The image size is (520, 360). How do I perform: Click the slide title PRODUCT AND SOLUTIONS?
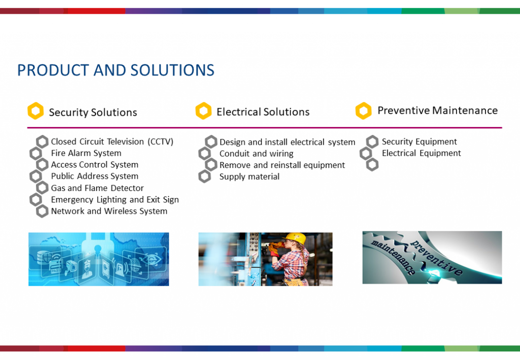pos(116,70)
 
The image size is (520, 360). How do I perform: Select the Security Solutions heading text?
pos(93,112)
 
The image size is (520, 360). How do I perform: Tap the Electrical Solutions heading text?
pos(263,112)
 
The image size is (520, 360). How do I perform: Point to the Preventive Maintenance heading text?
pos(437,110)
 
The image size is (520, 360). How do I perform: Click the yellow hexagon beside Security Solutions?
pos(35,111)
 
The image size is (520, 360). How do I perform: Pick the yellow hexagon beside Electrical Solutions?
pos(203,111)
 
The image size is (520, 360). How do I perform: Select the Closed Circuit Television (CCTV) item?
pos(112,142)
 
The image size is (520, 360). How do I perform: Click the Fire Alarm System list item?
pos(86,153)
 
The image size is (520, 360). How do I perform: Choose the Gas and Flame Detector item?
pos(97,188)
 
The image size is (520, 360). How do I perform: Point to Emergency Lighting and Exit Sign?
pos(115,200)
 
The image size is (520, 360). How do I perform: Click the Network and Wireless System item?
pos(109,211)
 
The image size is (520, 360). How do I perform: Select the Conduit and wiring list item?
pos(256,153)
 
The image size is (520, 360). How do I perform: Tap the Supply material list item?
pos(249,177)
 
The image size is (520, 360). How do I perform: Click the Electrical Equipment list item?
pos(421,153)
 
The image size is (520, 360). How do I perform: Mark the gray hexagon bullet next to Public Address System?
pos(36,176)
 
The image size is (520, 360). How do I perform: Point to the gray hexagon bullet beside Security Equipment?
pos(372,142)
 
